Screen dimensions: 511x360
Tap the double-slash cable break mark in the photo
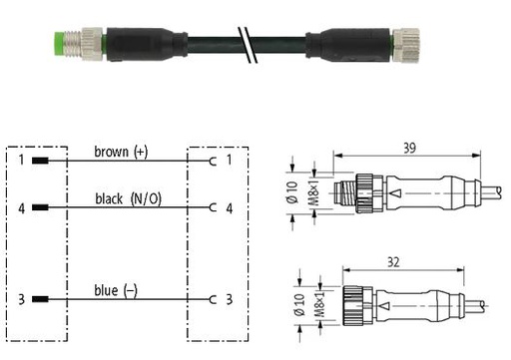click(248, 45)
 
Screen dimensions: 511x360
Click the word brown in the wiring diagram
click(112, 152)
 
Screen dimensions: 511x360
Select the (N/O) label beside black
click(146, 198)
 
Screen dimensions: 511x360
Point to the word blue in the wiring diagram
click(106, 290)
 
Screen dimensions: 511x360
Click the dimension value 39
click(409, 148)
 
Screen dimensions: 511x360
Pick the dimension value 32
click(393, 262)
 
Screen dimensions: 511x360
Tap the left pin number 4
click(21, 208)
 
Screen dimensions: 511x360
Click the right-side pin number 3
click(230, 299)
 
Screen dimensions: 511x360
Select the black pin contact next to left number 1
click(40, 161)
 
